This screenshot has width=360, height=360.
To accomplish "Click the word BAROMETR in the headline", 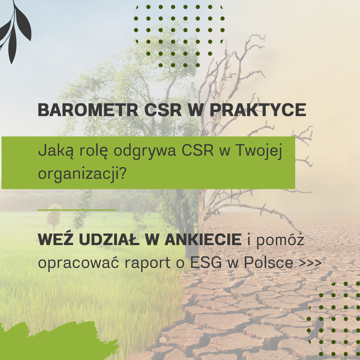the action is pyautogui.click(x=88, y=110).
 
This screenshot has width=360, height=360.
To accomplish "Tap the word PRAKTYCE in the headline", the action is pyautogui.click(x=258, y=110).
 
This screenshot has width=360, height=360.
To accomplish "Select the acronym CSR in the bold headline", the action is pyautogui.click(x=163, y=110).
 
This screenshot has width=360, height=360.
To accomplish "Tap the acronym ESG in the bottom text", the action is pyautogui.click(x=206, y=263).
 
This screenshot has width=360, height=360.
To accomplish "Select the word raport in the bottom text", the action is pyautogui.click(x=147, y=263).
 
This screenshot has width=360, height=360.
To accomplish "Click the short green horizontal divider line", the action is pyautogui.click(x=77, y=210).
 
